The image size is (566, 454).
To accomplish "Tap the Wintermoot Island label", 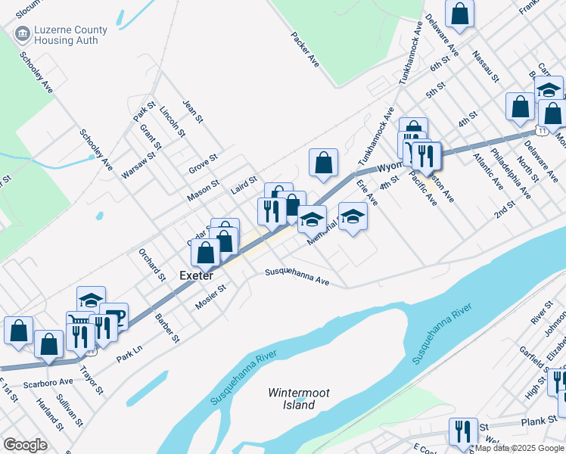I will [x=291, y=399].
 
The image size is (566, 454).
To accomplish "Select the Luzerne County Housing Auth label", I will [x=61, y=35].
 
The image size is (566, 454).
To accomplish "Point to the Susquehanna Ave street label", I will [x=297, y=277].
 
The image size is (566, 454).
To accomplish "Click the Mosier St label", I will [x=212, y=291].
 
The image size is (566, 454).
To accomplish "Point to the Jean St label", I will [x=194, y=110].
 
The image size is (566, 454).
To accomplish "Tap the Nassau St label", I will [x=485, y=67].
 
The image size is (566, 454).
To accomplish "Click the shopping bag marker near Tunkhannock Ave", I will [x=323, y=162].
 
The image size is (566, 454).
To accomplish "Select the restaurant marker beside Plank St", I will [x=463, y=432].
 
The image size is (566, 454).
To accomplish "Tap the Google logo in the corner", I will [x=26, y=445].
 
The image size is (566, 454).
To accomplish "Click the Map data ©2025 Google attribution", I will [x=519, y=448].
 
